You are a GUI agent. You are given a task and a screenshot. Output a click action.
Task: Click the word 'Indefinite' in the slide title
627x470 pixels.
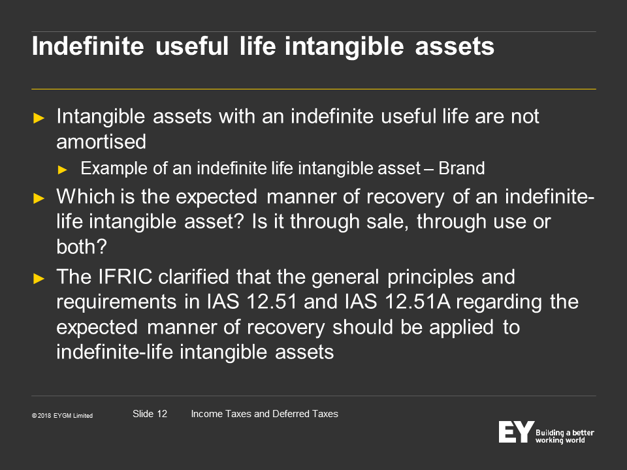coord(88,46)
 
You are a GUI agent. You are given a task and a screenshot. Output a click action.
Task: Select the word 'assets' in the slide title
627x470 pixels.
coord(455,47)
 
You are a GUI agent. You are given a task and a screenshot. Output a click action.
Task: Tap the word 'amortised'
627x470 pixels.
coord(101,142)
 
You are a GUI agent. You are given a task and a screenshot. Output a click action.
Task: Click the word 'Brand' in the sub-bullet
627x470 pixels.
coord(462,168)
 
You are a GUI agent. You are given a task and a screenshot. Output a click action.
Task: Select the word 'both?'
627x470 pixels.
coord(82,246)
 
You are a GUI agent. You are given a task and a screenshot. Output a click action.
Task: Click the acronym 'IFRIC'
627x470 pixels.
coord(125,277)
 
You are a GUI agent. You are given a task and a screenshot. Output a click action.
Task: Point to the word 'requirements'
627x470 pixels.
coord(116,302)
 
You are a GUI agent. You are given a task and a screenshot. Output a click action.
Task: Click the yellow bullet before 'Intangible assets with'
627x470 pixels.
coord(39,118)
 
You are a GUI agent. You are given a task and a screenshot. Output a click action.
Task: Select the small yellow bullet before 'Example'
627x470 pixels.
coord(62,170)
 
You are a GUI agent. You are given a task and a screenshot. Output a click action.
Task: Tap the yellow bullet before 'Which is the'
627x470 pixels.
coord(39,198)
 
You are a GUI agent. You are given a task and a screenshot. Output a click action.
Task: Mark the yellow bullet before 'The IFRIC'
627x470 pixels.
coord(39,278)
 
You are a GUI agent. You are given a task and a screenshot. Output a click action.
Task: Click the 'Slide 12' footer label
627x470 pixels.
coord(150,414)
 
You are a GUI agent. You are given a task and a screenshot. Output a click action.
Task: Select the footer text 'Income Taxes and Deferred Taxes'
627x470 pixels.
coord(265,414)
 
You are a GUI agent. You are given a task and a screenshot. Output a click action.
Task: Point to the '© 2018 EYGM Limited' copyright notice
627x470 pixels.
coord(63,416)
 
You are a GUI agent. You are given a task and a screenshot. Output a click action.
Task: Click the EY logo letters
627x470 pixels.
coord(516,431)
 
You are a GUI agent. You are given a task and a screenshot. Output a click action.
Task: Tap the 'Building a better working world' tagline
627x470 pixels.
coord(564,437)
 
